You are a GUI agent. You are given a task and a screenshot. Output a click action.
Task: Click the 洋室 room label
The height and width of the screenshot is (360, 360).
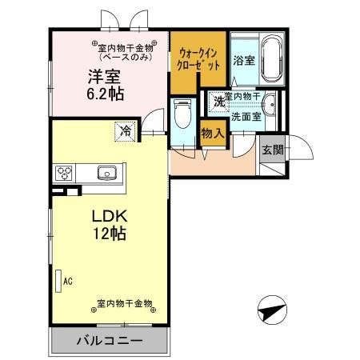[103, 77]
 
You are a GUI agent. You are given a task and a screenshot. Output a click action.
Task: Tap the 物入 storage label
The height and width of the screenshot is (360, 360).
[211, 134]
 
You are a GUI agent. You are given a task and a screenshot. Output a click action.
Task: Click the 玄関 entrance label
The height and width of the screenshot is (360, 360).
[271, 149]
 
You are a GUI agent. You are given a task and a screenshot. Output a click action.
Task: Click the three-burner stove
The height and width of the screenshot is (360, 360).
[64, 173]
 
